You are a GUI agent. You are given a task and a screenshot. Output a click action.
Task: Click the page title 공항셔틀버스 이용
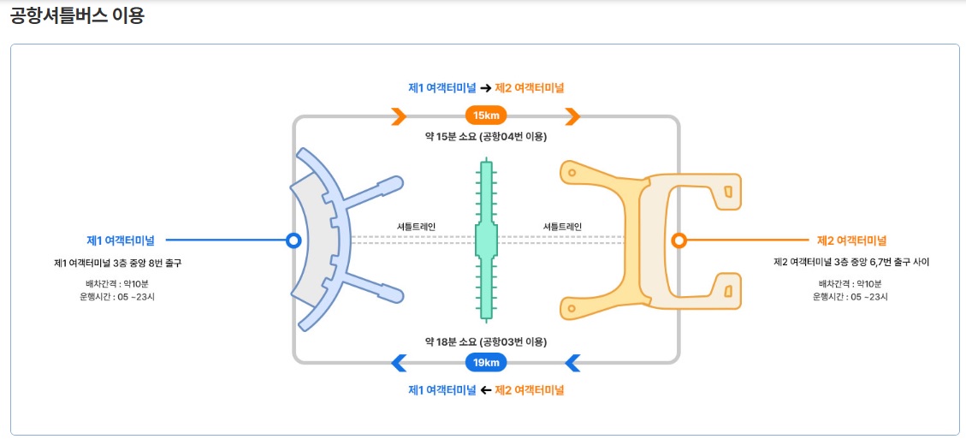click(x=77, y=16)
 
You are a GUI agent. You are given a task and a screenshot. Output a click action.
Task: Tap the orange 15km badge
click(x=486, y=116)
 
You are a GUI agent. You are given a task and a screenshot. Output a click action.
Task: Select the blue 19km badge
click(x=486, y=363)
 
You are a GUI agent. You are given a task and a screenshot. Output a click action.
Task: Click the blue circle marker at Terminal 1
click(x=293, y=240)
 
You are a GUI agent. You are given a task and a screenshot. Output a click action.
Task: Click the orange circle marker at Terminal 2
click(x=679, y=240)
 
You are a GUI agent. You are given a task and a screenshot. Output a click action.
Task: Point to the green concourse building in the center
click(x=486, y=240)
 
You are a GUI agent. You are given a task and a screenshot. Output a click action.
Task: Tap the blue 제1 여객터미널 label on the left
click(x=120, y=240)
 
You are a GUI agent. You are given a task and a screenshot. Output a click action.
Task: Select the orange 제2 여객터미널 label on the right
click(x=851, y=240)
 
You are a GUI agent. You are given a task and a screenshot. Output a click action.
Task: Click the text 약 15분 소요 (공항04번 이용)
click(x=486, y=136)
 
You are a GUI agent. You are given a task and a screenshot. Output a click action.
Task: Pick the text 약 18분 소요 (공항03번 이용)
click(x=486, y=341)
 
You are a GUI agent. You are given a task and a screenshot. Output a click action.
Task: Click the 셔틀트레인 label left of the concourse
click(x=416, y=227)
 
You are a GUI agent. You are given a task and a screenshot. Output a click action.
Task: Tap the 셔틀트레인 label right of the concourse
click(x=562, y=227)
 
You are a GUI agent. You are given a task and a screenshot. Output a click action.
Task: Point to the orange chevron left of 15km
click(x=399, y=116)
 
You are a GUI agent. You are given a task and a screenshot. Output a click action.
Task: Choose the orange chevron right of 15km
click(x=573, y=116)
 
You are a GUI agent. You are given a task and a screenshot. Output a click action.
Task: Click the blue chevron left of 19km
click(x=399, y=363)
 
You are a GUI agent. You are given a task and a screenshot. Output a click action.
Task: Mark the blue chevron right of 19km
click(x=573, y=363)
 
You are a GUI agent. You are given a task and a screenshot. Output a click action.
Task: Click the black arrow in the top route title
click(x=485, y=88)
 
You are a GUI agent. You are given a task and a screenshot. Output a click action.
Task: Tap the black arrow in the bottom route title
click(x=485, y=390)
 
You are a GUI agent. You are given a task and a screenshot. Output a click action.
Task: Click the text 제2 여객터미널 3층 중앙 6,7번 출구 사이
click(x=850, y=263)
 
